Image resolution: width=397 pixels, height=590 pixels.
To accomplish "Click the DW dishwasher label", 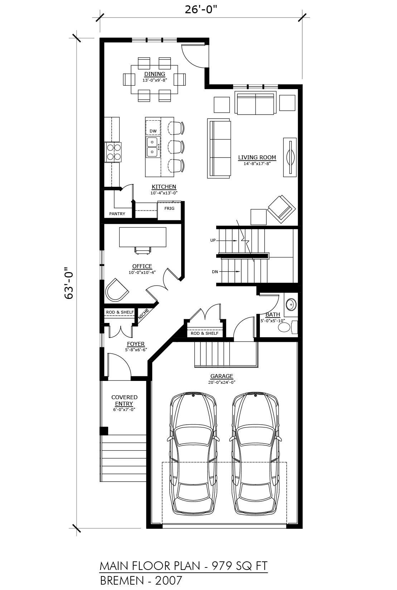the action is [153, 131].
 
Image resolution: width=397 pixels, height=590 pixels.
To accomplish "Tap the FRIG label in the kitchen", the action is [169, 208].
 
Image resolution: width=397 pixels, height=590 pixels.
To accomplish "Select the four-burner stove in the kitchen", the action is [113, 152].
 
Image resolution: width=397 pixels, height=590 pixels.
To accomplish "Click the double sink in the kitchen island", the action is [152, 147].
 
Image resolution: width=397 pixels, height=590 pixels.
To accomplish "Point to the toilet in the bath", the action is [288, 327].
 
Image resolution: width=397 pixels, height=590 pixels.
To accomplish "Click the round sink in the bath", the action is [291, 305].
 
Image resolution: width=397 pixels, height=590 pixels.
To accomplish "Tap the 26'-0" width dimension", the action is [201, 10].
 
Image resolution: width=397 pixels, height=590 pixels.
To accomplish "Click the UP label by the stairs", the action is [213, 240].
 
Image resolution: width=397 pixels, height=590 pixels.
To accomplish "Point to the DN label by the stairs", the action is [215, 272].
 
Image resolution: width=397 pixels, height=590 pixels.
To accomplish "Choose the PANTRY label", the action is [117, 214].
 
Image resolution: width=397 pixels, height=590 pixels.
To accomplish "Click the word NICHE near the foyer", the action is [144, 314].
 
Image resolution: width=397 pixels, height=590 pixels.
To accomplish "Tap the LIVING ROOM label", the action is [257, 157].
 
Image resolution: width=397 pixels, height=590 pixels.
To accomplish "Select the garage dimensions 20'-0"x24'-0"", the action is [222, 382].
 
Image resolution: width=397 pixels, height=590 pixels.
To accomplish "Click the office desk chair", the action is [143, 250].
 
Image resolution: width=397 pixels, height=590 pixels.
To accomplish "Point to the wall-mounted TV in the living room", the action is [290, 157].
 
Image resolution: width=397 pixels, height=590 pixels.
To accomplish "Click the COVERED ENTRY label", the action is [124, 400].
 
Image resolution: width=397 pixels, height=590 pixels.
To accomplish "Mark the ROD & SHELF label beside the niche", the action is [120, 312].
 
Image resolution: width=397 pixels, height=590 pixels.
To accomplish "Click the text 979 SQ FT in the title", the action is [240, 566].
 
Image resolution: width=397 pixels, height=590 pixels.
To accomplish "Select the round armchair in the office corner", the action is [116, 290].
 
